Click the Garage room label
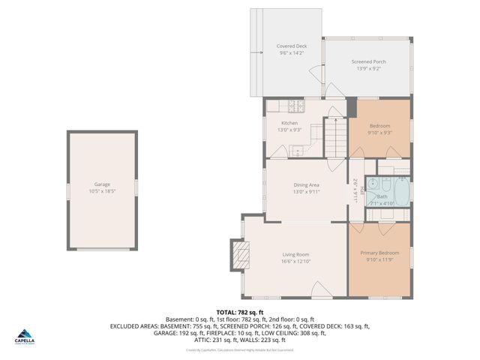[x=102, y=184]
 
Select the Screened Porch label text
[x=367, y=62]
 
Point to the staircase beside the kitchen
[x=337, y=138]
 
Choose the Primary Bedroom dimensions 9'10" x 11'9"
[x=379, y=260]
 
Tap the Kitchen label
[x=289, y=123]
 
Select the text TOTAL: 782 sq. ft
[x=239, y=312]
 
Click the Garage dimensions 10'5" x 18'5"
[x=102, y=191]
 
